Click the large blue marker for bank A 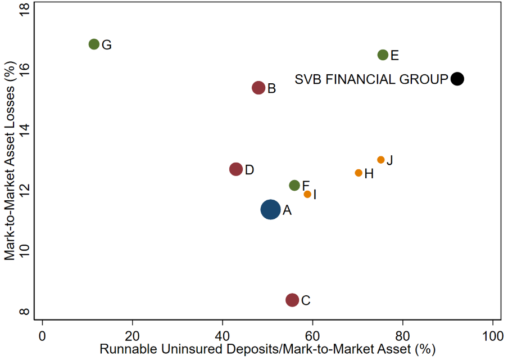270,209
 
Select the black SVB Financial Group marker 457,79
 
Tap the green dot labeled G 94,44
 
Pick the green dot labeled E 383,55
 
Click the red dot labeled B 258,88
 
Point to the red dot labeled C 292,300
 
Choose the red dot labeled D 236,169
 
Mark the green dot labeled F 294,185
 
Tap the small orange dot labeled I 307,194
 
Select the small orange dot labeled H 359,173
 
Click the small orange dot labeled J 380,160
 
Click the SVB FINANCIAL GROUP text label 371,79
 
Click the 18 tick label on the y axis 24,10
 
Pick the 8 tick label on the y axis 24,312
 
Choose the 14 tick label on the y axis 24,130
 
